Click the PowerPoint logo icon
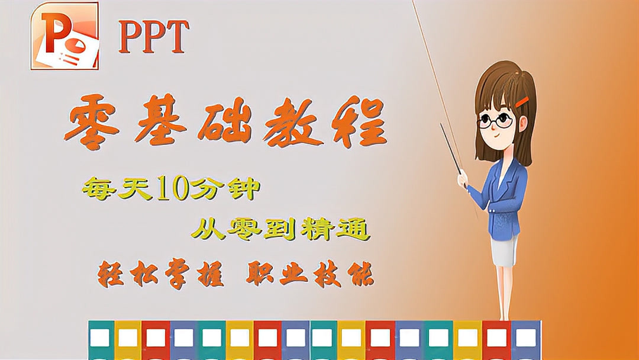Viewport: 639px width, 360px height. click(x=64, y=36)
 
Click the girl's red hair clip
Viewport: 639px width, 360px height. click(x=522, y=102)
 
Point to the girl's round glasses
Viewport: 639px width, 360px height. click(x=495, y=121)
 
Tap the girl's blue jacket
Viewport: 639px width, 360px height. click(x=504, y=195)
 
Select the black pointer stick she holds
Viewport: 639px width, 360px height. click(x=451, y=149)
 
